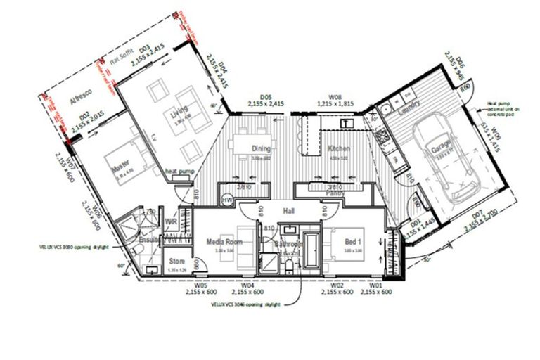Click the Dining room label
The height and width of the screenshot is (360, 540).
262,148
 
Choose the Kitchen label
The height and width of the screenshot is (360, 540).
339,148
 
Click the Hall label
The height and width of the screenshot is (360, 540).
289,210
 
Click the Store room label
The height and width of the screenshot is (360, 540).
176,261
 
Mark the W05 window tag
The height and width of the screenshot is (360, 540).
200,285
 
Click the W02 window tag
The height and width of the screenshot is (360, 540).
337,285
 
